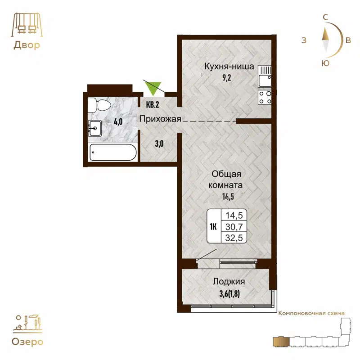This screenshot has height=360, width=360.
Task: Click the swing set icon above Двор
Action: click(x=26, y=25)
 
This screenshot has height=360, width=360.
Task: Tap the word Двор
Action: click(x=26, y=45)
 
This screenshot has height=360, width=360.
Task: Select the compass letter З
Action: click(x=304, y=40)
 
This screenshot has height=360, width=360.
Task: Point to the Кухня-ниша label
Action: click(x=229, y=67)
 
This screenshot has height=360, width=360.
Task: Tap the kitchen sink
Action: click(x=265, y=76)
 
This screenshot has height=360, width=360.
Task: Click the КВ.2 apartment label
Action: click(x=153, y=105)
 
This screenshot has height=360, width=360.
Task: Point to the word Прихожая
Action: click(x=160, y=119)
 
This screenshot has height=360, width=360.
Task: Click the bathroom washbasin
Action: click(x=95, y=128)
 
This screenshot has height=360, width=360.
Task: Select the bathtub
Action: click(x=112, y=152)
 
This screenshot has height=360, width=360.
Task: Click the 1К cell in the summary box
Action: click(x=214, y=226)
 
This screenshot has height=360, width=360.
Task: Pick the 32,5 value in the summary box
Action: click(x=234, y=238)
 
